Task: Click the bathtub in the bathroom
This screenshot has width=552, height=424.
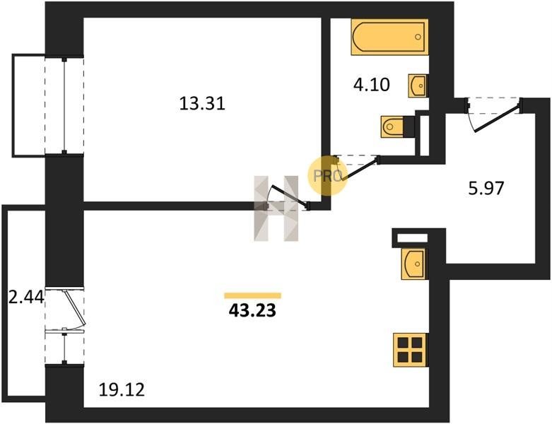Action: [x=389, y=37]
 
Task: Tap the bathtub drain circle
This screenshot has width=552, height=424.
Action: [x=418, y=37]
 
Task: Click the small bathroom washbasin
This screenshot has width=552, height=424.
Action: [x=417, y=86]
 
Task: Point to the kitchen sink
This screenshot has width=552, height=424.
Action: [x=413, y=264]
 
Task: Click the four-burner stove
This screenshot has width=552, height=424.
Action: [x=410, y=350]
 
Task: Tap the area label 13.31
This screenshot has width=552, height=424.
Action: [x=202, y=104]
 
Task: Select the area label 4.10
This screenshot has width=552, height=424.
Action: [x=371, y=85]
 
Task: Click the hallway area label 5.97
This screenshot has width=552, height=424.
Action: [x=486, y=188]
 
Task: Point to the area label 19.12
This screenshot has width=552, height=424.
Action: [x=122, y=390]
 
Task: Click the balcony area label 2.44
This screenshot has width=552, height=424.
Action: [x=26, y=298]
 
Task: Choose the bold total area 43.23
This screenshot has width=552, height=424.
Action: [x=252, y=311]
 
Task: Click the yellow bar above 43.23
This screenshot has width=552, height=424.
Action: [x=253, y=295]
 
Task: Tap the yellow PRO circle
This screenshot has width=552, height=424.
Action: [x=327, y=175]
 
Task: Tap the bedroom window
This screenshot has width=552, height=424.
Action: [x=64, y=105]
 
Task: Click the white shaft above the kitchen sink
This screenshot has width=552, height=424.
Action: [x=412, y=238]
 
